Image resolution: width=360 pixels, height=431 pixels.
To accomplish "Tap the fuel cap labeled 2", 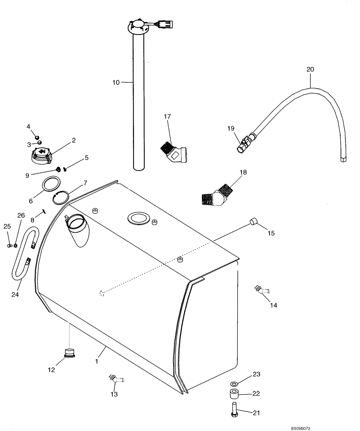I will click(x=42, y=155).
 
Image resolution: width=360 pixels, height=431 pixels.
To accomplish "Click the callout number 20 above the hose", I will click(x=310, y=69).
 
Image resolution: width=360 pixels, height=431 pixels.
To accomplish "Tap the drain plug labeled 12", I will click(x=69, y=352).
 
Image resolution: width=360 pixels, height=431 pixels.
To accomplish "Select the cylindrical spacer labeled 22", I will click(x=234, y=394).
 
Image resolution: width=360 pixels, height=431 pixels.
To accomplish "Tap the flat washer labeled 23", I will click(x=234, y=383).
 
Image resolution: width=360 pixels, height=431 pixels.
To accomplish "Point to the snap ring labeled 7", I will click(x=60, y=198).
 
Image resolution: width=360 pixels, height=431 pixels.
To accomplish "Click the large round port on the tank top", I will click(x=138, y=218).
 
